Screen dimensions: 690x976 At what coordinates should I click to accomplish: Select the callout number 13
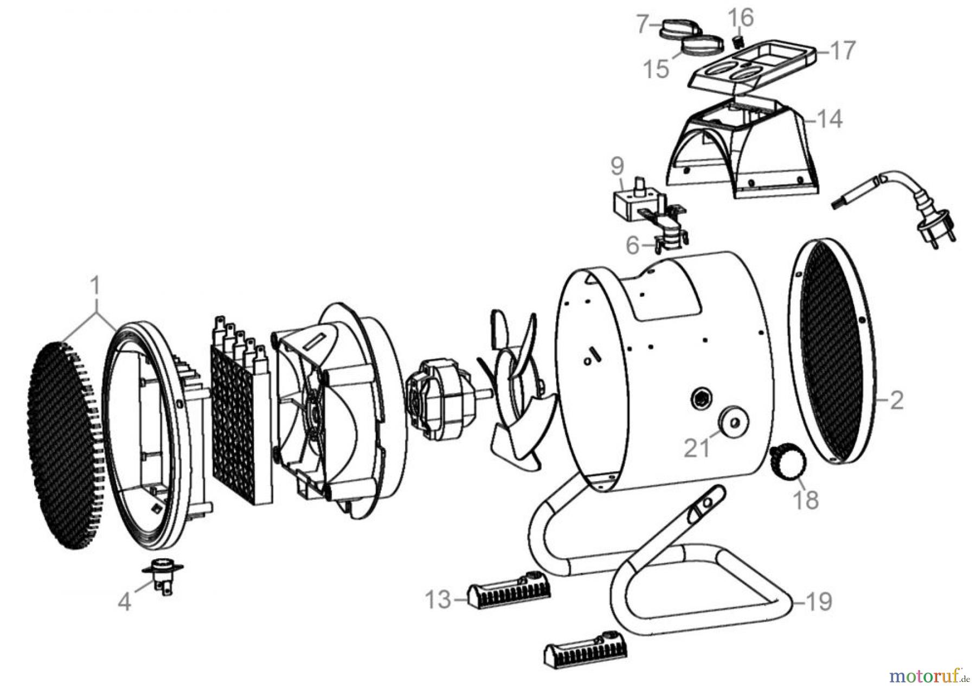(438, 600)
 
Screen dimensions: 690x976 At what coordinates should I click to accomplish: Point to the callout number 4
(125, 602)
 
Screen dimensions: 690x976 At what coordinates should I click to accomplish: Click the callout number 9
(617, 167)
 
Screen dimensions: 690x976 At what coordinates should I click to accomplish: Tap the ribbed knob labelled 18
(787, 461)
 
